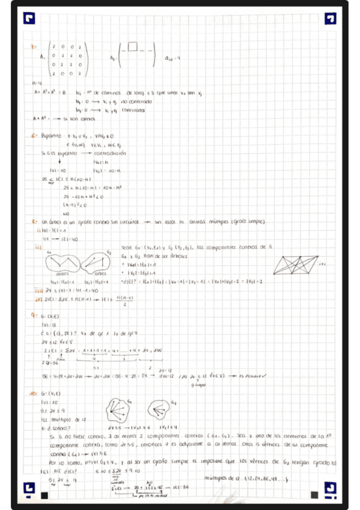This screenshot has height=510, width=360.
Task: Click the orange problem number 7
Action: pyautogui.click(x=34, y=47)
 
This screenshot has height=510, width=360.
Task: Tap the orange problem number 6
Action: pyautogui.click(x=34, y=136)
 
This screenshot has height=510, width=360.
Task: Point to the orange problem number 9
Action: pyautogui.click(x=35, y=315)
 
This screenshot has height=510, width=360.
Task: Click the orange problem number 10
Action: pyautogui.click(x=34, y=392)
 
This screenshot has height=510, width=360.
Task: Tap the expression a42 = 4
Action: pyautogui.click(x=173, y=59)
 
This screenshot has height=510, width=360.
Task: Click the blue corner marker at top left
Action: pyautogui.click(x=28, y=18)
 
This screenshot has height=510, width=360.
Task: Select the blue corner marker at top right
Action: pyautogui.click(x=330, y=18)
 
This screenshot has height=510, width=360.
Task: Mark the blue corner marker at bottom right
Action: pyautogui.click(x=330, y=491)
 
